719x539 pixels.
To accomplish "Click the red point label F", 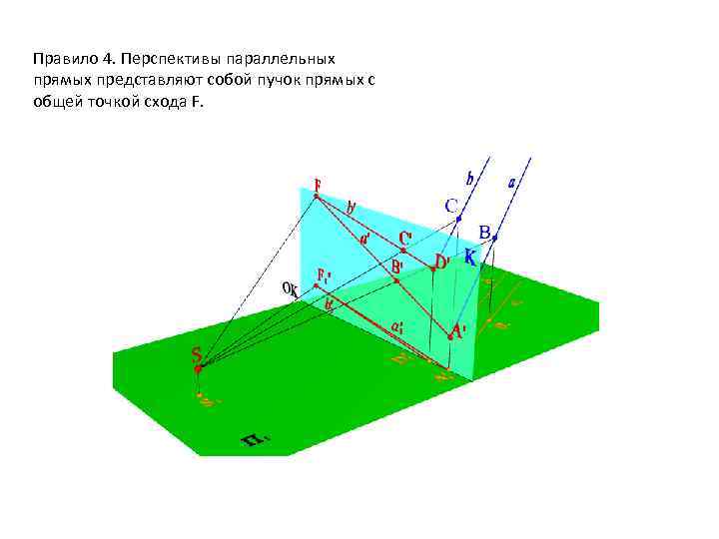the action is pyautogui.click(x=318, y=185).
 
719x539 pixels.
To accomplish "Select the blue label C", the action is pyautogui.click(x=452, y=206).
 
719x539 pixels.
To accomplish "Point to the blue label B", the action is pyautogui.click(x=484, y=233).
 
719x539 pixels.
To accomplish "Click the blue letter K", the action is pyautogui.click(x=469, y=256).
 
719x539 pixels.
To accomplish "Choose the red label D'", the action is pyautogui.click(x=441, y=262).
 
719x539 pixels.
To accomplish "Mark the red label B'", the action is pyautogui.click(x=396, y=268).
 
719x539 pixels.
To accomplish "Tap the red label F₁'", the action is pyautogui.click(x=326, y=274).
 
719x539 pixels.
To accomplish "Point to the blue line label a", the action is pyautogui.click(x=512, y=183).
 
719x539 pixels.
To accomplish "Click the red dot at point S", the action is pyautogui.click(x=199, y=369).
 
